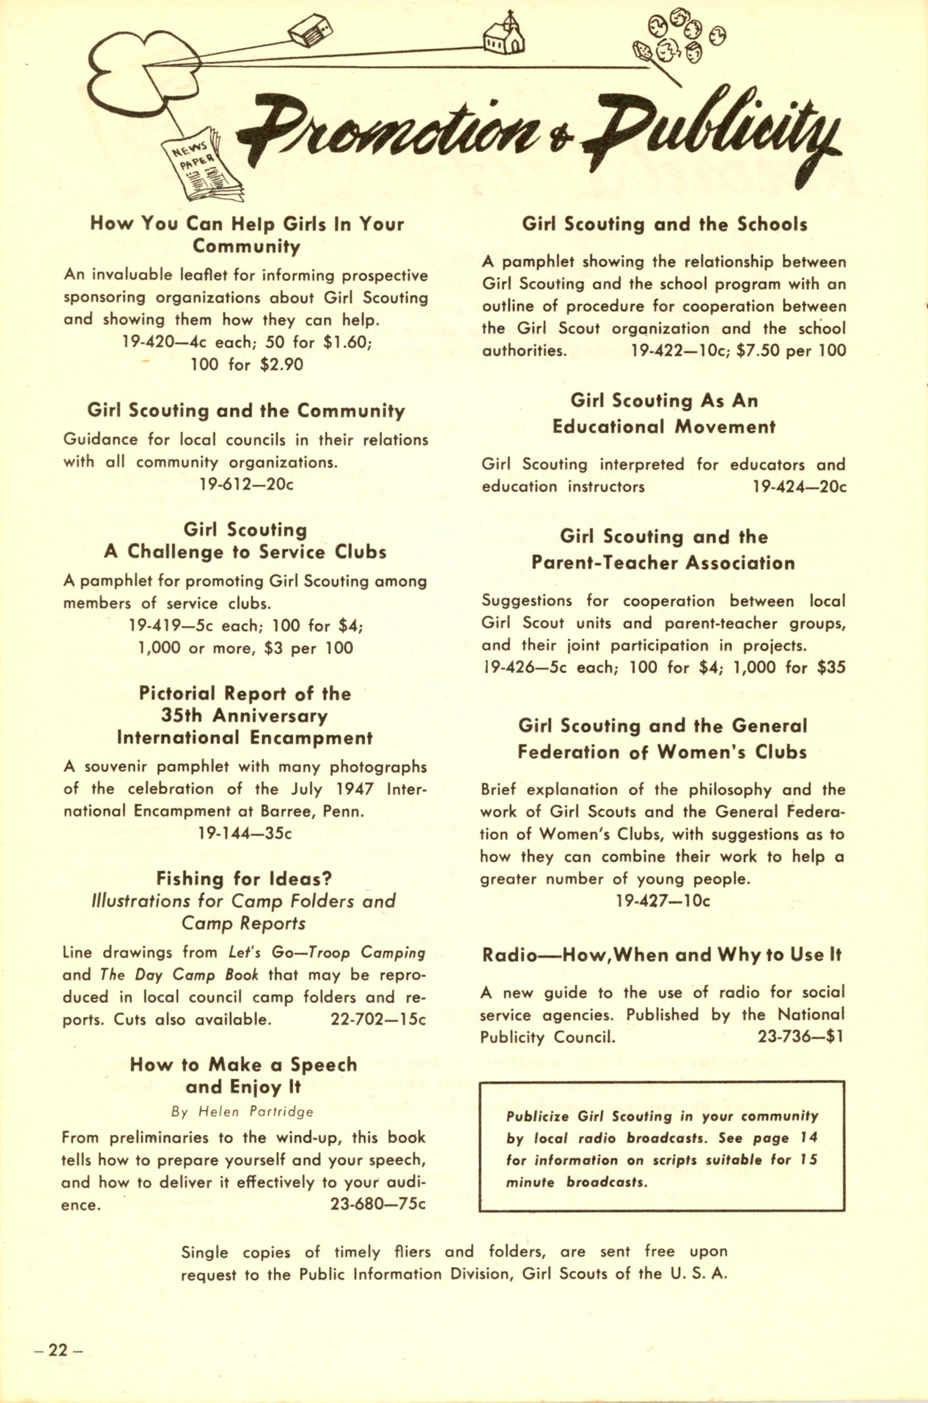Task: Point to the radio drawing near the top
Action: pyautogui.click(x=310, y=31)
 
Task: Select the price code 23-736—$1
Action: pyautogui.click(x=800, y=1037)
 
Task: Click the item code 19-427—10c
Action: pyautogui.click(x=663, y=901)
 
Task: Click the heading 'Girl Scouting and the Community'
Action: pyautogui.click(x=246, y=410)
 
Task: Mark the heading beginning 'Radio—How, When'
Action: pyautogui.click(x=662, y=955)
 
